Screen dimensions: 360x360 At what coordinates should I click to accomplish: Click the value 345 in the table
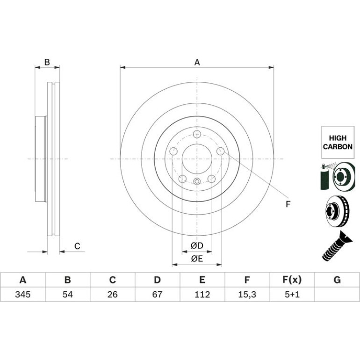click(23, 294)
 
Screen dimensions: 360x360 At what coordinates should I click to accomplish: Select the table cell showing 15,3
click(247, 294)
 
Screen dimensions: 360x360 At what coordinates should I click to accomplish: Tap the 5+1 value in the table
click(292, 294)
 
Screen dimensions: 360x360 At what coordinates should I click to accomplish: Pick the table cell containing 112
click(202, 294)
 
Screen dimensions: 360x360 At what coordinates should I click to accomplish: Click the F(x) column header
click(292, 280)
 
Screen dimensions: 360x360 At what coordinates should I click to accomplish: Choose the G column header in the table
click(337, 280)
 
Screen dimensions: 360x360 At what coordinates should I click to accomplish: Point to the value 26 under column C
click(113, 294)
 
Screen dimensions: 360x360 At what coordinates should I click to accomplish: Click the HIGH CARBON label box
click(338, 142)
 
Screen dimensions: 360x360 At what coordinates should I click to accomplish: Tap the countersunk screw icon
click(337, 246)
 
